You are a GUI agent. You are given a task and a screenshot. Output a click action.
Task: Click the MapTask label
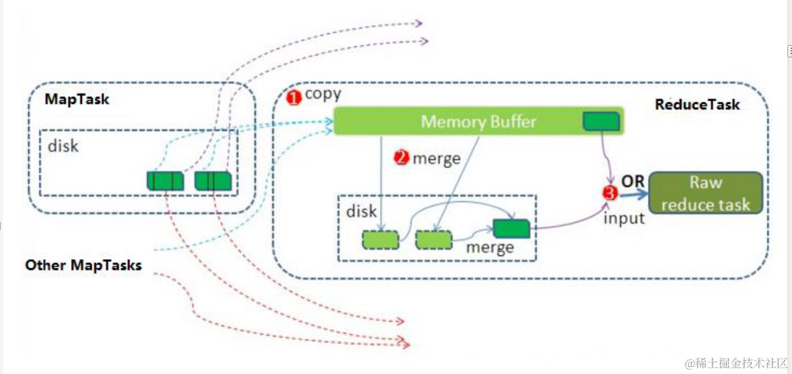click(x=77, y=99)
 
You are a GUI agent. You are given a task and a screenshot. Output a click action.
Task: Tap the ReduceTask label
click(x=697, y=104)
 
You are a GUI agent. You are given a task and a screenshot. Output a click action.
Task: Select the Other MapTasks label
click(x=83, y=265)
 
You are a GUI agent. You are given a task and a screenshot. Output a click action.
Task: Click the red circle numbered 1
click(x=293, y=98)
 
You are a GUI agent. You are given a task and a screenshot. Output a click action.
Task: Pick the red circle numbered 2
click(x=401, y=157)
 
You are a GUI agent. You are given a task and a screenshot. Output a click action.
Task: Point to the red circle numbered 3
click(x=610, y=193)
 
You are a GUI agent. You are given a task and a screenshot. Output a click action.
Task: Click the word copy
click(x=323, y=94)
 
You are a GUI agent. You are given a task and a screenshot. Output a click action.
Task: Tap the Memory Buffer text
click(x=479, y=122)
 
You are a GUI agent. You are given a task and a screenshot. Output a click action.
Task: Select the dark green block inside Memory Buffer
click(x=601, y=121)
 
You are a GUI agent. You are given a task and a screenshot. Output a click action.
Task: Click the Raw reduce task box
click(x=705, y=193)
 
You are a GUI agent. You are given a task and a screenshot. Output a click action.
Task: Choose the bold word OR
click(x=632, y=181)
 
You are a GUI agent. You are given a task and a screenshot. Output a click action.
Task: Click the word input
click(x=623, y=218)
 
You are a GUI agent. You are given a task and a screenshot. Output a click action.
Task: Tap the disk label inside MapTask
click(x=63, y=146)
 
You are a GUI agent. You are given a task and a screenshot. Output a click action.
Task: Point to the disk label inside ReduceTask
click(x=361, y=212)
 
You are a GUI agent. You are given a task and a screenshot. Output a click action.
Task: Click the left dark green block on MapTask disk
click(x=165, y=181)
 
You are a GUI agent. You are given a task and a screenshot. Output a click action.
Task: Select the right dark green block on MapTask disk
click(x=214, y=181)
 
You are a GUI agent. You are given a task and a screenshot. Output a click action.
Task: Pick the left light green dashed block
click(x=380, y=240)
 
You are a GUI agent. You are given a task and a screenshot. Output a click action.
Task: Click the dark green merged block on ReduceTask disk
click(x=511, y=228)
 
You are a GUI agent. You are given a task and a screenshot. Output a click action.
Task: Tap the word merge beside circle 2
click(x=437, y=159)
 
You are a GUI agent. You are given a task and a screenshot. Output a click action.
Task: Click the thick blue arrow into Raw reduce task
click(x=634, y=193)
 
